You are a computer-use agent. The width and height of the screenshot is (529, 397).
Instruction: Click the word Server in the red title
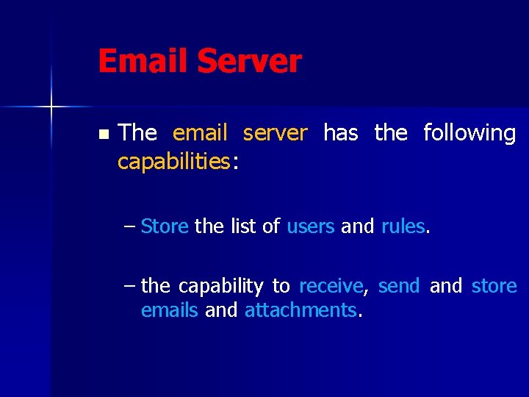pos(249,61)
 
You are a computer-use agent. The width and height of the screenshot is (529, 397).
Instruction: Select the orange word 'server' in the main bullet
pos(275,133)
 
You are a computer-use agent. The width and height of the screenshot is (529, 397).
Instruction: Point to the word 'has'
pos(341,133)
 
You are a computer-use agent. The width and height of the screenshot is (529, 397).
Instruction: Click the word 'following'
pos(469,133)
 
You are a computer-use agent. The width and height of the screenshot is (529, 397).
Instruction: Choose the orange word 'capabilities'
pos(174,161)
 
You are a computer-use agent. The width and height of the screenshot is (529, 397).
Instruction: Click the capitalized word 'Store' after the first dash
pos(165,226)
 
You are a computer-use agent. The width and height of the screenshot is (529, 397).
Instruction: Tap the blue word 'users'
pos(311,226)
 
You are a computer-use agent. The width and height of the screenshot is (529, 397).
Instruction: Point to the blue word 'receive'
pos(331,286)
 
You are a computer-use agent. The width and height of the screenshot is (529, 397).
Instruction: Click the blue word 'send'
pos(399,286)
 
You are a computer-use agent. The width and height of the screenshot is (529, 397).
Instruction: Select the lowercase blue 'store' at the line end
pos(494,286)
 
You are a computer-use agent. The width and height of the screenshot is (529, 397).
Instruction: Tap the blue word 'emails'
pos(169,310)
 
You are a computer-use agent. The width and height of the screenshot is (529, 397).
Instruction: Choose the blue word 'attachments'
pos(301,310)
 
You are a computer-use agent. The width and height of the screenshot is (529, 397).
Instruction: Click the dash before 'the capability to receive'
pos(130,286)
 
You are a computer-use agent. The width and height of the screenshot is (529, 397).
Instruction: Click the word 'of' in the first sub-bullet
pos(270,226)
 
